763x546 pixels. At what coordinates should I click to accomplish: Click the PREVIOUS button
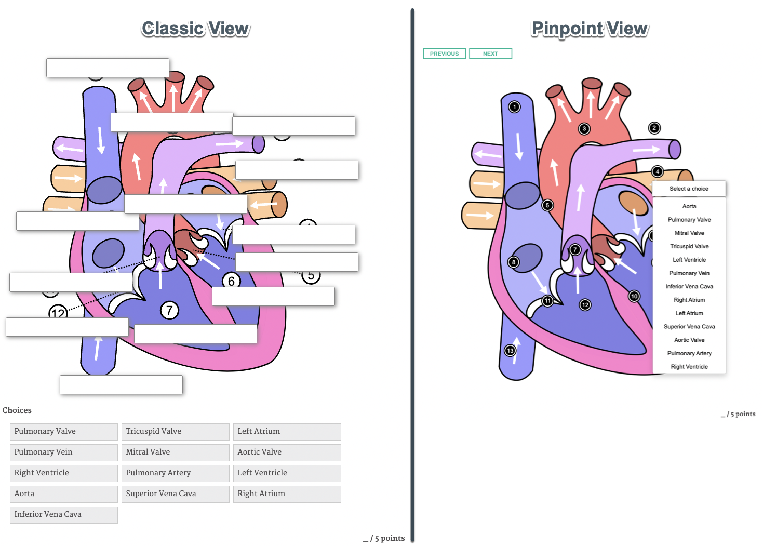(x=444, y=54)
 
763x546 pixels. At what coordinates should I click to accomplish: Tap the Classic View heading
(x=195, y=29)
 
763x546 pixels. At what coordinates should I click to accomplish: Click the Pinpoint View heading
(x=590, y=29)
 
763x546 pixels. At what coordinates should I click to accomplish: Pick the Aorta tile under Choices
(x=63, y=494)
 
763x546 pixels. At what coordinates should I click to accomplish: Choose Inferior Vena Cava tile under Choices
(x=63, y=514)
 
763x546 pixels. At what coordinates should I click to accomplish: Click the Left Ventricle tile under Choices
(x=287, y=473)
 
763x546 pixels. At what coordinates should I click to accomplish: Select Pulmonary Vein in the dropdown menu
(x=689, y=273)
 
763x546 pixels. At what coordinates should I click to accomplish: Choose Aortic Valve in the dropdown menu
(x=689, y=340)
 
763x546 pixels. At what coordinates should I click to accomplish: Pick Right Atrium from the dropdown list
(x=689, y=300)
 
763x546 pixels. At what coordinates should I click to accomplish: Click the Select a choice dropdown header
(x=689, y=189)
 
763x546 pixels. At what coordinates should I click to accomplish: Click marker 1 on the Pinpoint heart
(x=514, y=107)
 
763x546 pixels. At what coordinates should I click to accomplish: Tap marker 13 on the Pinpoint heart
(x=510, y=351)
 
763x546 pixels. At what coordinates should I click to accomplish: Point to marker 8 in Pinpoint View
(x=514, y=262)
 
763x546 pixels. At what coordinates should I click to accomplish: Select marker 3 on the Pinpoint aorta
(x=584, y=128)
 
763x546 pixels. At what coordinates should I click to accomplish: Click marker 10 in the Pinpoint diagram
(x=634, y=296)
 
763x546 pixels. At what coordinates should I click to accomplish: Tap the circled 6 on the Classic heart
(x=231, y=281)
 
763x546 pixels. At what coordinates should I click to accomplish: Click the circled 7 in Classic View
(x=169, y=311)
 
